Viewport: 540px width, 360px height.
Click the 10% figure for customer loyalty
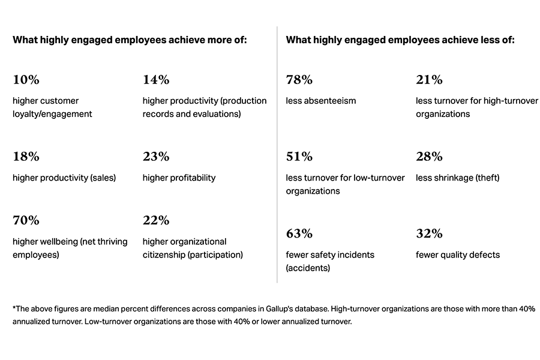click(x=26, y=80)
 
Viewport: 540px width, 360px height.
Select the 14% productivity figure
click(x=156, y=80)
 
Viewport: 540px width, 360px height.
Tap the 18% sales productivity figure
click(x=26, y=157)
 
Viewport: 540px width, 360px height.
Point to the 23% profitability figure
click(x=156, y=157)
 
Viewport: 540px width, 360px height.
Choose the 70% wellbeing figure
click(x=26, y=221)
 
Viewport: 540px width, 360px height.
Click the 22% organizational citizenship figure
click(x=156, y=221)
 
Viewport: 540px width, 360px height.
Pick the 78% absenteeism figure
click(x=299, y=80)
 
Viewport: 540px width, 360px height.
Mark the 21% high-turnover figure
click(x=429, y=80)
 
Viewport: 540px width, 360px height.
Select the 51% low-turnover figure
click(x=299, y=157)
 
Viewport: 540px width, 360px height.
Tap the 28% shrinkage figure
click(x=429, y=157)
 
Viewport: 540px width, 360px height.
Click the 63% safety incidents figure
click(x=299, y=234)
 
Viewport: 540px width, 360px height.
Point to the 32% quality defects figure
click(x=429, y=234)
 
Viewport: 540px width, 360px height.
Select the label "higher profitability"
click(x=179, y=178)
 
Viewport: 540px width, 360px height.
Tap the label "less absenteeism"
click(x=321, y=101)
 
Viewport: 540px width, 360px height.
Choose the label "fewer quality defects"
click(x=458, y=255)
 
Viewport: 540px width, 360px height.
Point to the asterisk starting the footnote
click(x=14, y=308)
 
